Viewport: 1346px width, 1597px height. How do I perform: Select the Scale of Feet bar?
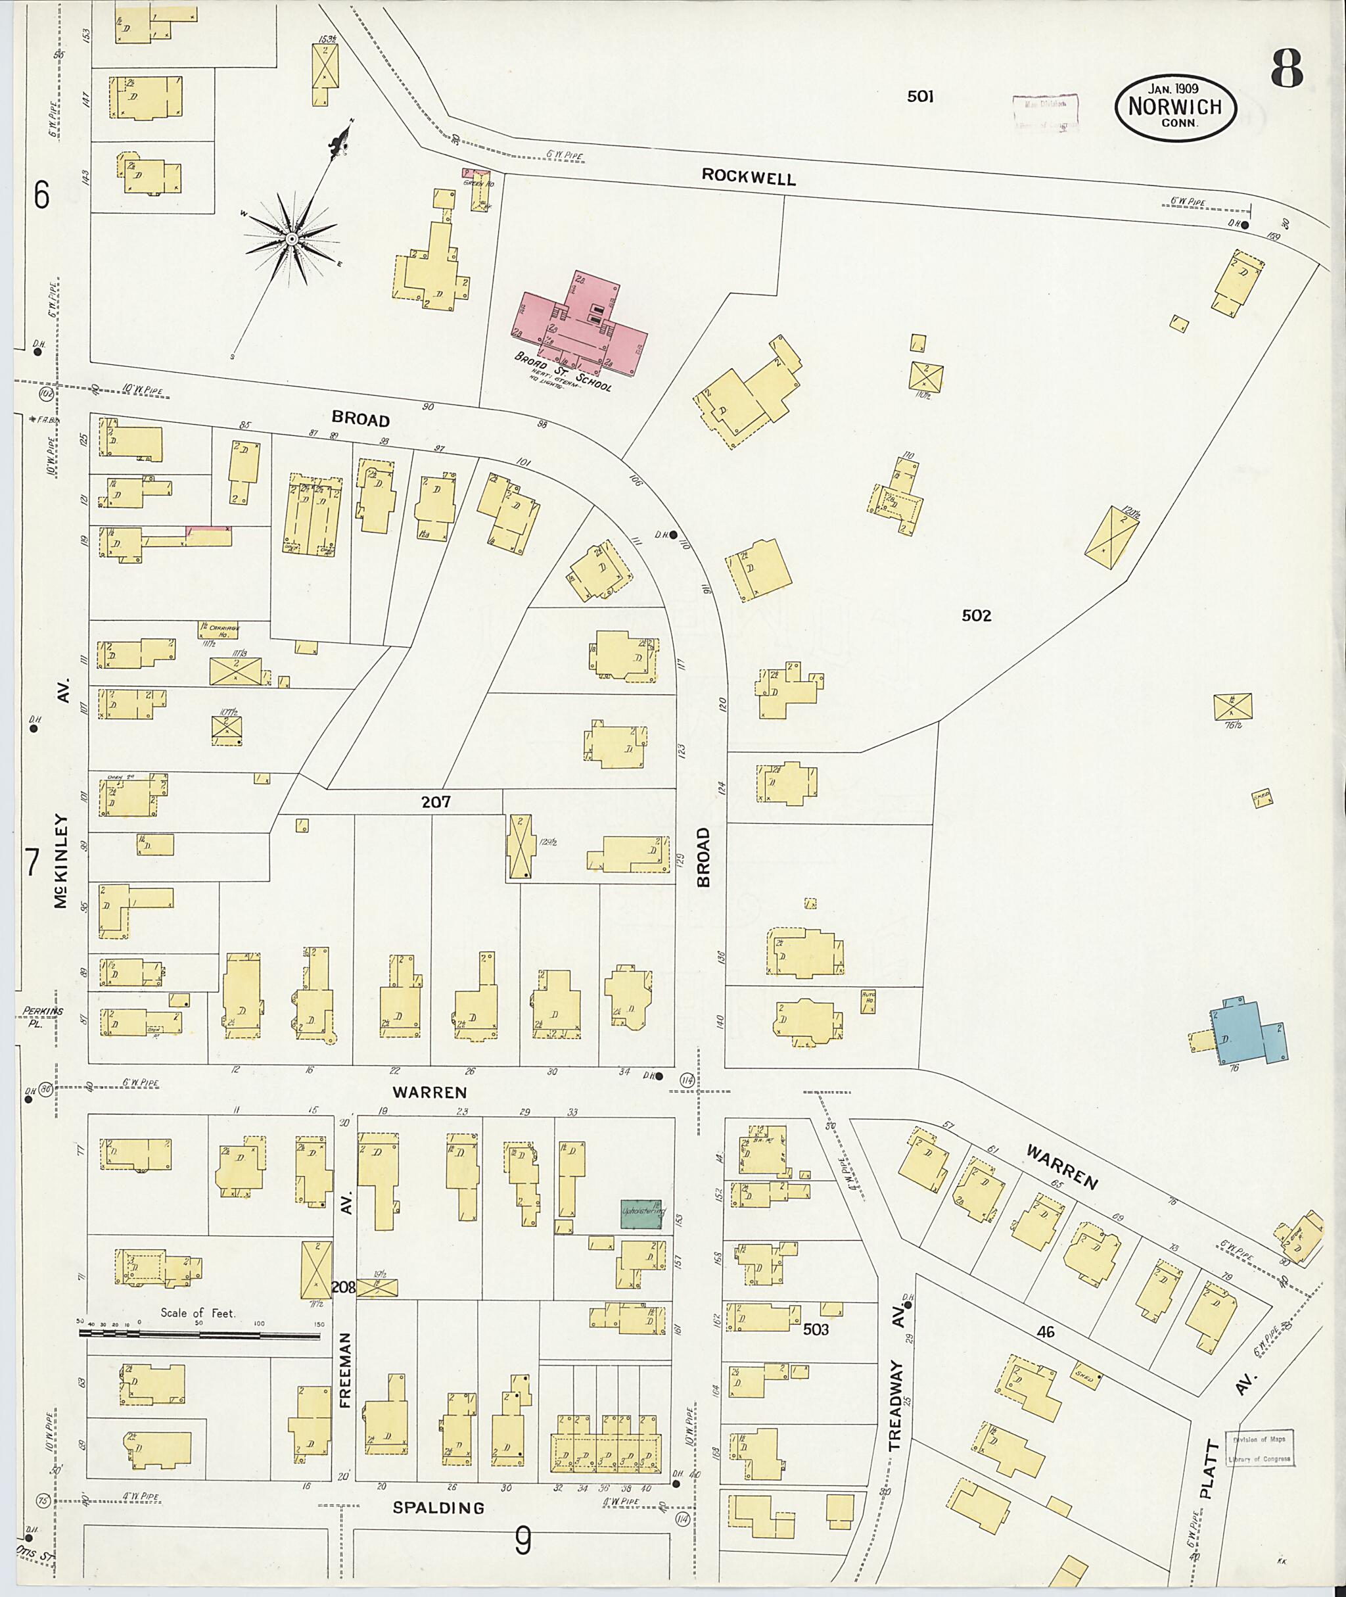[x=200, y=1335]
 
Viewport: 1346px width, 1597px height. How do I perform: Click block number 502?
[x=976, y=615]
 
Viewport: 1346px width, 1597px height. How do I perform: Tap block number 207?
[x=436, y=801]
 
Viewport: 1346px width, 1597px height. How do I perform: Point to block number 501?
[x=920, y=96]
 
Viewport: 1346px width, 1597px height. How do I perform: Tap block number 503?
[x=816, y=1329]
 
